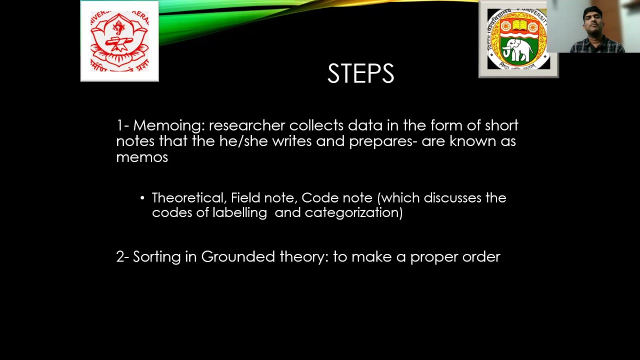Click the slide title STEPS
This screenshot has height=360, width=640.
[x=360, y=74]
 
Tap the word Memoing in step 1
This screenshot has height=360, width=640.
[x=168, y=125]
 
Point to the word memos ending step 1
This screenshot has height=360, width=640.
[x=141, y=157]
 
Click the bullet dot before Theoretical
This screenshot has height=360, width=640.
[x=142, y=198]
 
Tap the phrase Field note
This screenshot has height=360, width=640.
[x=262, y=198]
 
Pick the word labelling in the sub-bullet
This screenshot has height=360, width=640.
[x=239, y=212]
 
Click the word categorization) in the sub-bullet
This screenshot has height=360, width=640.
[x=353, y=212]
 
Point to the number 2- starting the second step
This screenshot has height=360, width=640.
[x=122, y=256]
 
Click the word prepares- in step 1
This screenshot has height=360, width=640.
[x=383, y=141]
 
